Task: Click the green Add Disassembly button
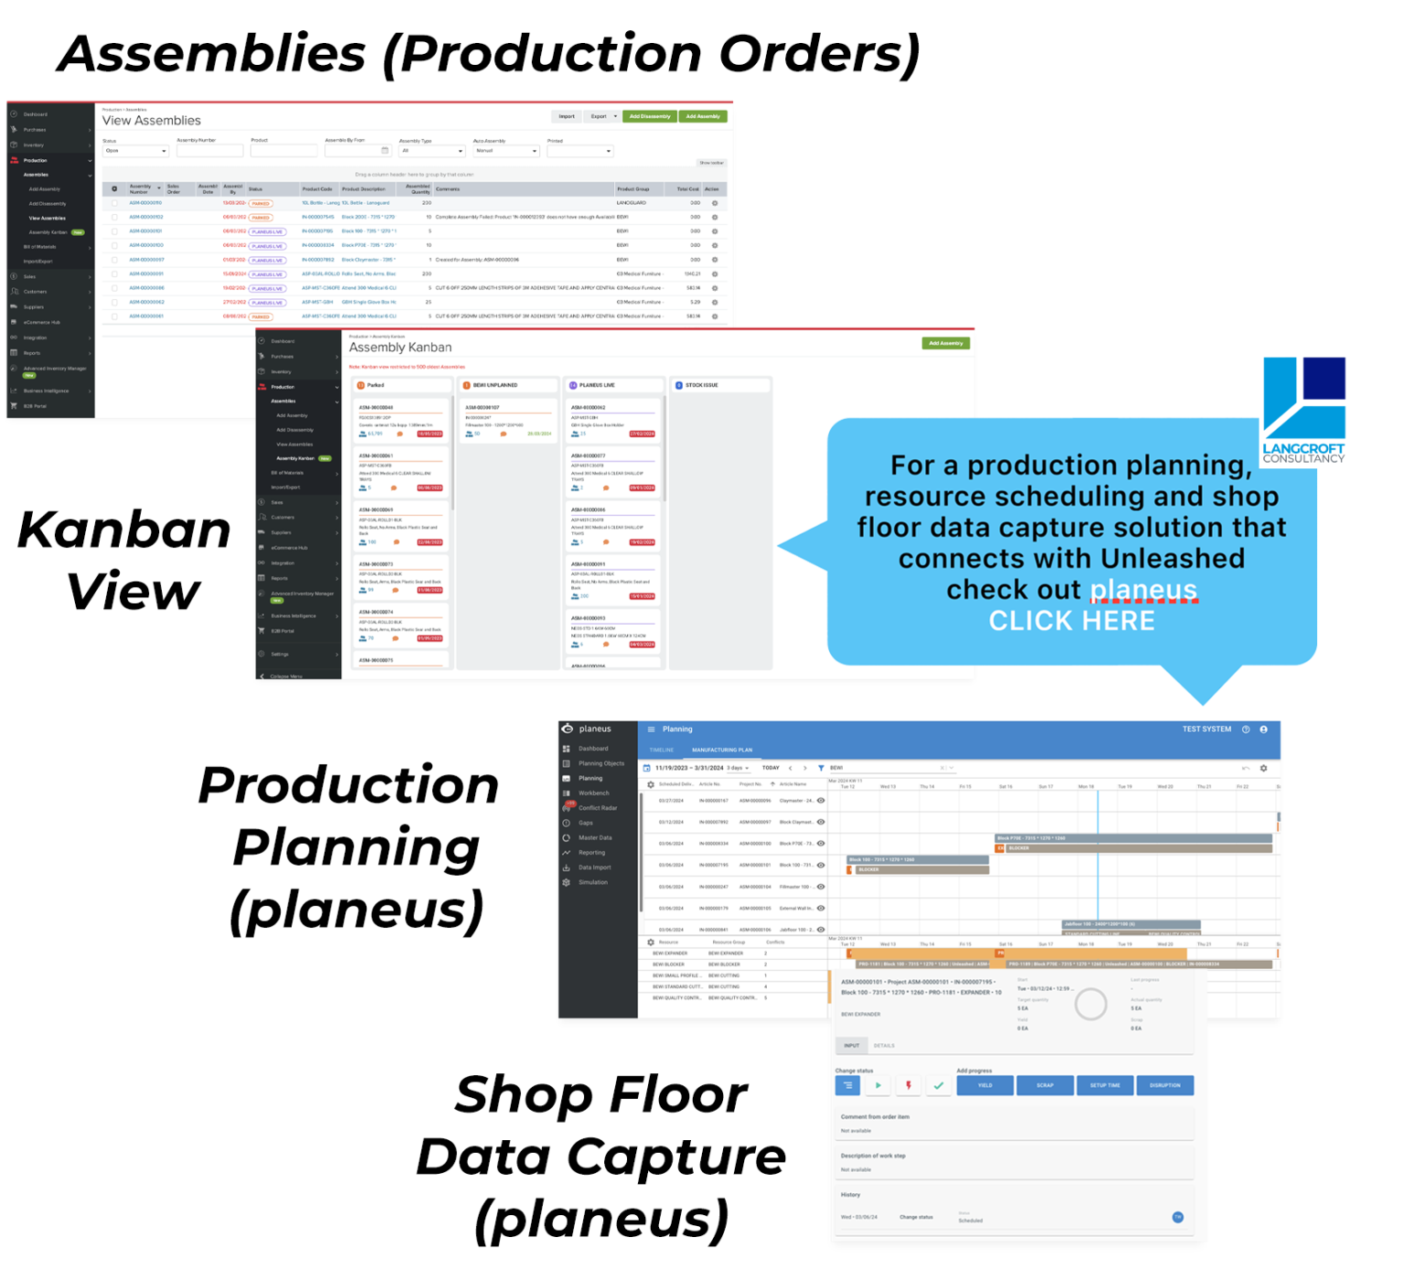pos(650,117)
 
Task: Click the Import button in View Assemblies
pos(567,117)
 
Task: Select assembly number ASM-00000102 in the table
pos(146,218)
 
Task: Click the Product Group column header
pos(633,189)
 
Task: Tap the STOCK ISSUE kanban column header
pos(701,386)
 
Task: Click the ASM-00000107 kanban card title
pos(483,408)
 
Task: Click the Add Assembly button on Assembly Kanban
pos(946,344)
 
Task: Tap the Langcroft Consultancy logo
pos(1303,410)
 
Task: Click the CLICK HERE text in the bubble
pos(1071,622)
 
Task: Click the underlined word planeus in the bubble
pos(1143,590)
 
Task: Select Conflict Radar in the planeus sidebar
pos(597,808)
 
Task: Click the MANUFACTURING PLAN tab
pos(722,751)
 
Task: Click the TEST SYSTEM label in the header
pos(1207,730)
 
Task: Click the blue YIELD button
pos(984,1086)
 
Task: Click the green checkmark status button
pos(938,1086)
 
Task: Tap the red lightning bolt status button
pos(908,1086)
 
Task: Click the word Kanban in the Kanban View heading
pos(124,530)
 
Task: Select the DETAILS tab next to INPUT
pos(884,1046)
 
